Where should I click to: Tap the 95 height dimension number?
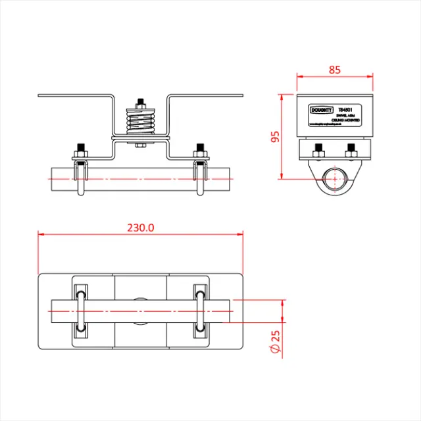pos(275,137)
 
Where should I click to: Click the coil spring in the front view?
pos(140,123)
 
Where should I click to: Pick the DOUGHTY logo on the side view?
pos(322,111)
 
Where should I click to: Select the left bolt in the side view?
pos(318,151)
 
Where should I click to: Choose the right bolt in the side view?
pos(352,151)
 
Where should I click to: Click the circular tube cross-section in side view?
pos(335,177)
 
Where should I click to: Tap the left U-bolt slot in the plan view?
pos(80,309)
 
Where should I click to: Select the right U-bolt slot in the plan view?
pos(201,309)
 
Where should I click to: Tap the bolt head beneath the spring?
pos(140,145)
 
